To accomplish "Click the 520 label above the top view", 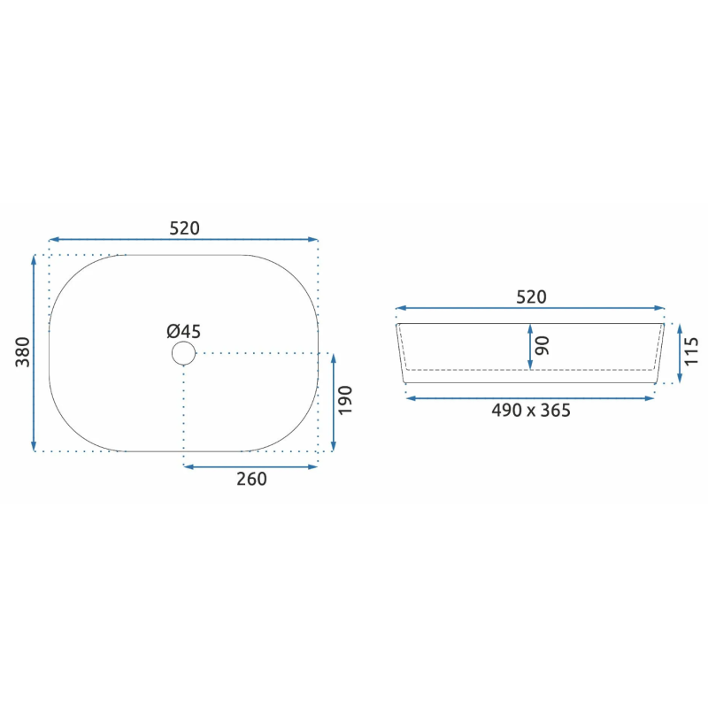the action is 184,228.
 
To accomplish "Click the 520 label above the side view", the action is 531,297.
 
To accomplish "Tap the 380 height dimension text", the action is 23,352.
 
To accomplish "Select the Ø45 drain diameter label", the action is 183,331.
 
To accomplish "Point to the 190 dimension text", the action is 345,400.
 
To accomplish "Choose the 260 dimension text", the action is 251,479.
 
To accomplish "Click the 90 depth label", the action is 543,346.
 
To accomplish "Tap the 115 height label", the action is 691,351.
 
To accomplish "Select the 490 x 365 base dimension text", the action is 531,411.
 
